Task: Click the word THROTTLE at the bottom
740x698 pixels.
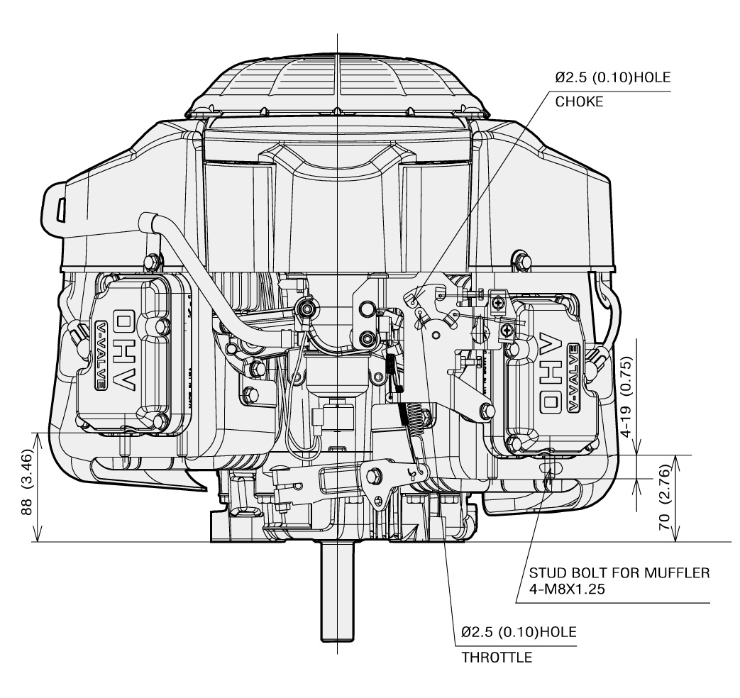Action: tap(497, 657)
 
